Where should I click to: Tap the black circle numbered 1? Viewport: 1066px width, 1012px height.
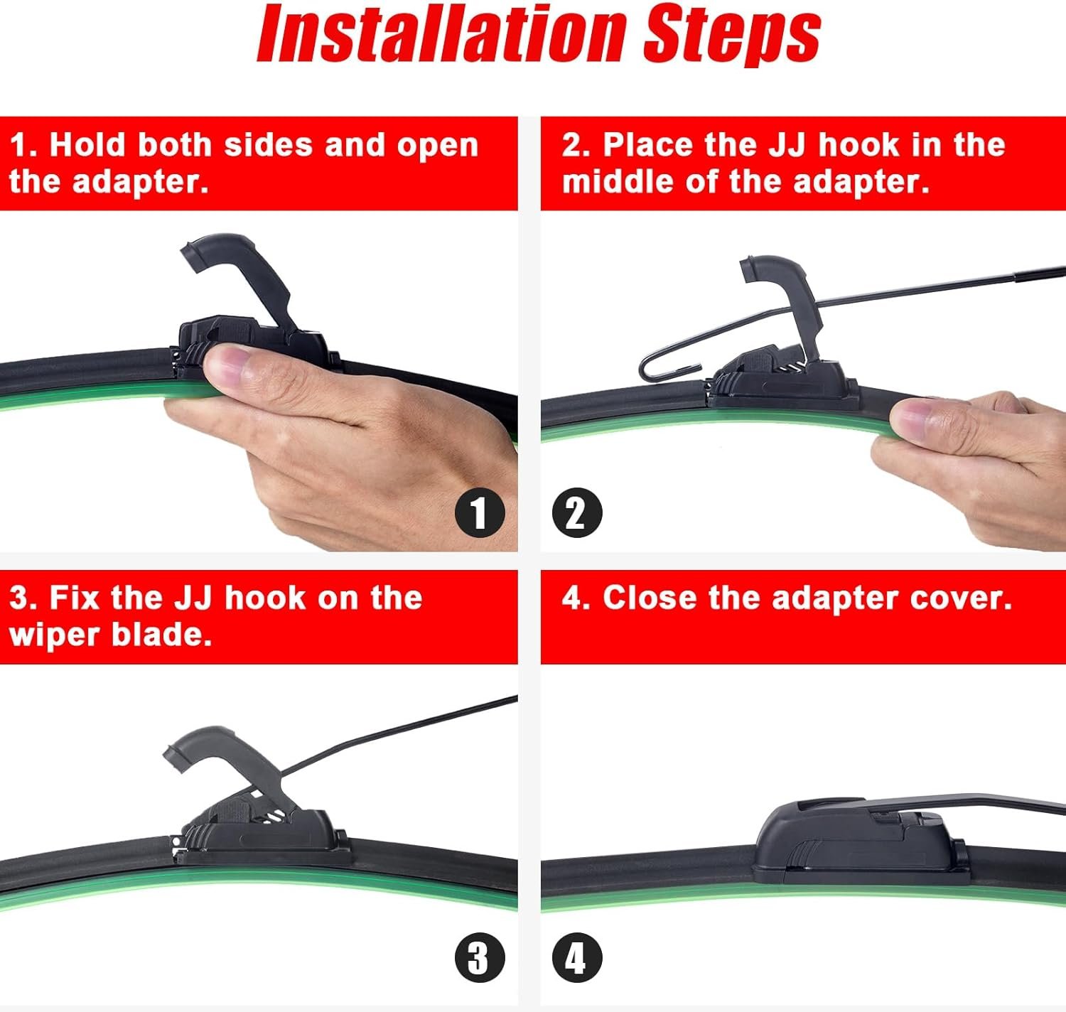(480, 512)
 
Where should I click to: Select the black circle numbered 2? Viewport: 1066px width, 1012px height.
(577, 512)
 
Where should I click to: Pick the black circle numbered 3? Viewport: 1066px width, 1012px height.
(480, 957)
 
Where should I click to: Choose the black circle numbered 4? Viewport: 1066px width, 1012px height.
(577, 957)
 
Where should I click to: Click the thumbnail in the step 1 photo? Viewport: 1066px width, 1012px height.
(227, 365)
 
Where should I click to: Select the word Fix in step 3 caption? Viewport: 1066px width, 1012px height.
(74, 598)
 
